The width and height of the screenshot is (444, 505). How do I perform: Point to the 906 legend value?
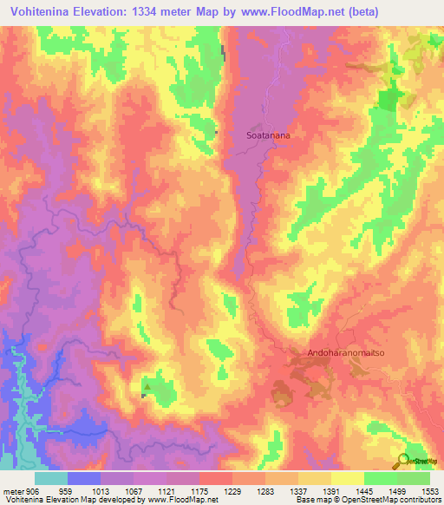pos(32,490)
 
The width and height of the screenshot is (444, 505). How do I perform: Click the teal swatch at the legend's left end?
pos(51,478)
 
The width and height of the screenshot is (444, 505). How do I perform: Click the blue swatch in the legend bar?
pos(84,478)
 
